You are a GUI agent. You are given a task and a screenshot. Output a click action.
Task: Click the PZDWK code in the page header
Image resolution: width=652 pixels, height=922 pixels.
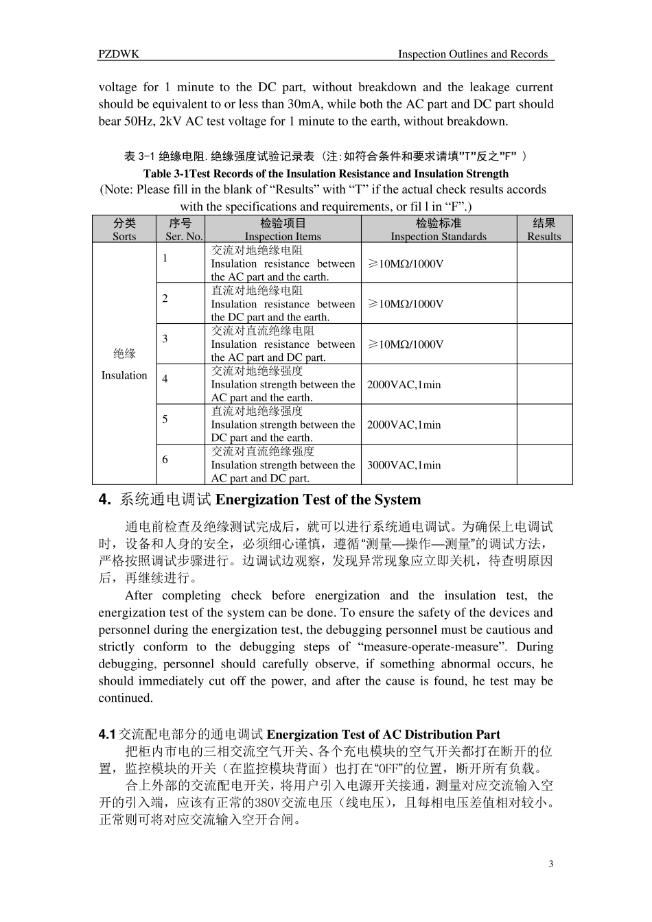point(119,54)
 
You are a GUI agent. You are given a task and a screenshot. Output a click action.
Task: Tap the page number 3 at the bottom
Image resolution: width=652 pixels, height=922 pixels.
point(550,863)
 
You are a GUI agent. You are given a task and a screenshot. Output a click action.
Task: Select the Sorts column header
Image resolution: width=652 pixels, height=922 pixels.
point(124,229)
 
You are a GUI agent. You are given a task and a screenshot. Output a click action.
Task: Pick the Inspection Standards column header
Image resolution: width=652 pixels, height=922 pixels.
point(439,229)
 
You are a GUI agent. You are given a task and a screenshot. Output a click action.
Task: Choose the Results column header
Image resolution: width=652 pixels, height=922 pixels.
point(544,229)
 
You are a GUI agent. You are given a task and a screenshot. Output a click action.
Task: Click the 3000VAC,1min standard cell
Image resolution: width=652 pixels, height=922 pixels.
point(404,465)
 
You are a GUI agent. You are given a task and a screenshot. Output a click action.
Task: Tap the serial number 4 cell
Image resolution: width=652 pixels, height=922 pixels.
point(165,379)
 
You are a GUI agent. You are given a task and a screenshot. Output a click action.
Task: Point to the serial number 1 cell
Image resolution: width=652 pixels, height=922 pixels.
point(165,258)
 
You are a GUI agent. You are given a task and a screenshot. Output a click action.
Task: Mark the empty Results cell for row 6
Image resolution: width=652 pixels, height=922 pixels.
point(544,465)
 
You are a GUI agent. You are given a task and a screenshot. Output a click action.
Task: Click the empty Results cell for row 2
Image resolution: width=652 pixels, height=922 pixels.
point(544,303)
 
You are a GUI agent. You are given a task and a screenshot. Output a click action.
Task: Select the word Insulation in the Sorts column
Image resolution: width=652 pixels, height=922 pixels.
point(124,375)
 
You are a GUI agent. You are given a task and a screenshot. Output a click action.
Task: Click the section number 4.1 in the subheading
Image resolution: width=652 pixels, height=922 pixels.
point(108,735)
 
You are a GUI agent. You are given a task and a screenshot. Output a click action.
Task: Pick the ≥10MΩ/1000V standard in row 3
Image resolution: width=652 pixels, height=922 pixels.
point(406,344)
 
